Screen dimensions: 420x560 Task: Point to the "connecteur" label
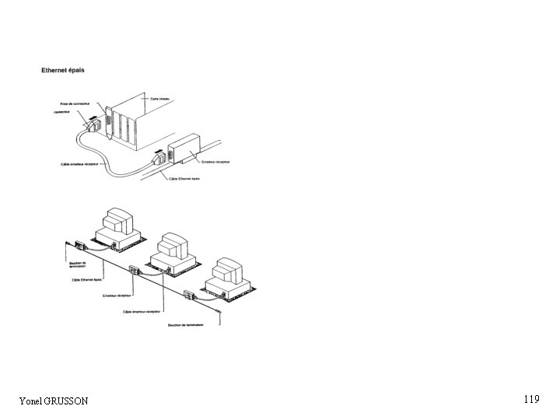pos(63,111)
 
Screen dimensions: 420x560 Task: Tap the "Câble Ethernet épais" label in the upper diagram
pos(184,178)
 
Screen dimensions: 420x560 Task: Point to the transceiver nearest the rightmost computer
pos(189,294)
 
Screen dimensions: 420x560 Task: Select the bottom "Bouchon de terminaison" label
pos(184,326)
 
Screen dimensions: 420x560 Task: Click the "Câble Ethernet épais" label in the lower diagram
pos(88,278)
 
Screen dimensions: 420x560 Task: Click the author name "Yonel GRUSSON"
pos(54,401)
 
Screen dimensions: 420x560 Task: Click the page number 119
pos(531,400)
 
